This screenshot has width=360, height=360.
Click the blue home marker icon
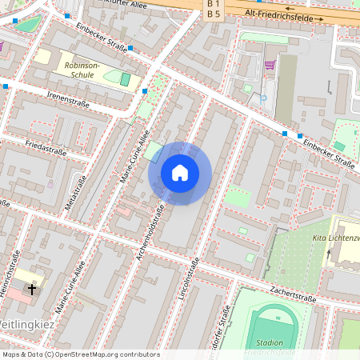click(x=179, y=173)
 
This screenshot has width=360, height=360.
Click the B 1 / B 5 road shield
click(x=213, y=9)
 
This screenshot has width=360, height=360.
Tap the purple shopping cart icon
click(x=270, y=65)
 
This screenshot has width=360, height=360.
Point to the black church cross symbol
click(x=33, y=289)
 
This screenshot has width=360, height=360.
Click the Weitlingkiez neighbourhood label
click(x=26, y=324)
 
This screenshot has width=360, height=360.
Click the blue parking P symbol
click(x=264, y=98)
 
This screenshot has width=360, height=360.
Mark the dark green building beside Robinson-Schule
click(x=125, y=79)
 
